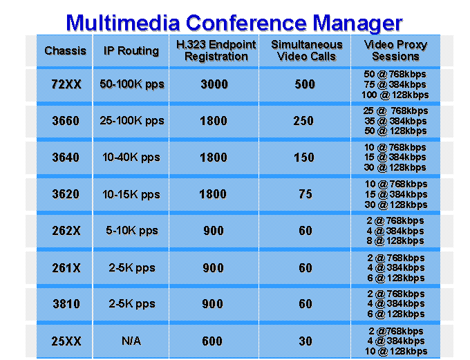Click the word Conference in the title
click(x=246, y=23)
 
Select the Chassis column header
click(x=66, y=50)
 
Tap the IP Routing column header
click(x=131, y=51)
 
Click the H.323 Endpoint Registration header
click(x=216, y=50)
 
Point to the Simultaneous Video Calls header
click(x=307, y=50)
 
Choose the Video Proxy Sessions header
click(x=395, y=50)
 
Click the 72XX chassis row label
click(x=66, y=84)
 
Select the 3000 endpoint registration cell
click(x=214, y=84)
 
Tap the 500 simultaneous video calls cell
click(x=305, y=84)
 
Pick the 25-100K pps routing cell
click(x=132, y=121)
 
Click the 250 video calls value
click(x=303, y=121)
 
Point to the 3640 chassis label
click(x=66, y=158)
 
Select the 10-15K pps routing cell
click(x=131, y=195)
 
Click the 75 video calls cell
click(x=305, y=194)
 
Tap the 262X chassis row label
click(x=66, y=231)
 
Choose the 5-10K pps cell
click(x=132, y=231)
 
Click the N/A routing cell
click(x=131, y=341)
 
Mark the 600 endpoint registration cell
click(x=212, y=341)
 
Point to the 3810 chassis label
click(x=66, y=304)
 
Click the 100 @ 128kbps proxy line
click(x=395, y=95)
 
